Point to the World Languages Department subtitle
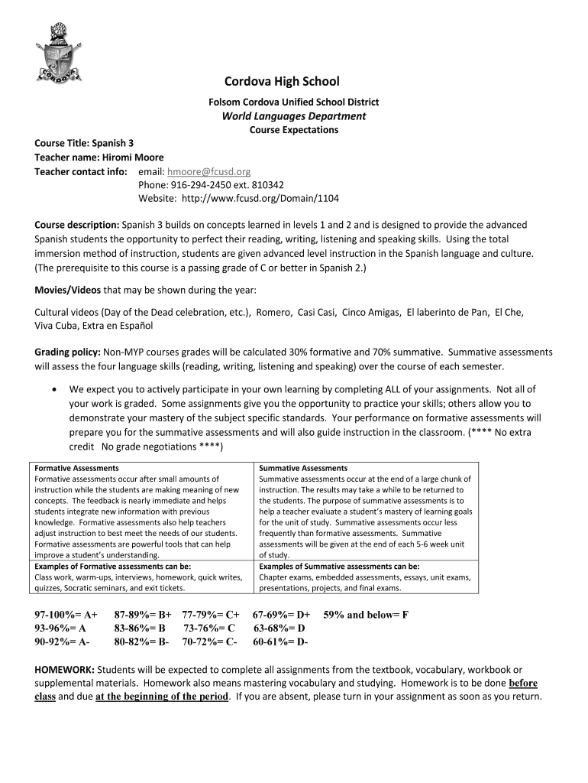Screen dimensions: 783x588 [294, 116]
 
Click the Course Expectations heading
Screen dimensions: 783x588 [294, 130]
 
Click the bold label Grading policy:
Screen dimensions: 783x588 [68, 353]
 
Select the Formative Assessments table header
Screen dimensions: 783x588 [76, 468]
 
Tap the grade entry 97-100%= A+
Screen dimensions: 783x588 [66, 614]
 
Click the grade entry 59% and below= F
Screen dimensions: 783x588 [366, 614]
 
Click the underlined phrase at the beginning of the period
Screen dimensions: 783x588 [162, 697]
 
